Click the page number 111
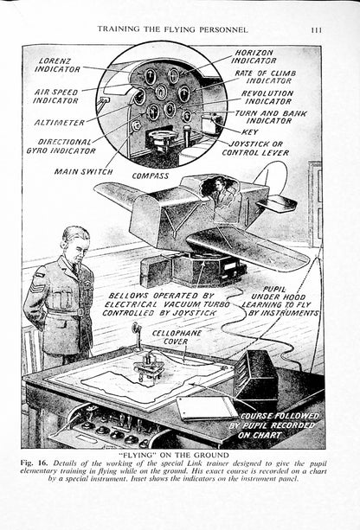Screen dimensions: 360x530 [x=316, y=30]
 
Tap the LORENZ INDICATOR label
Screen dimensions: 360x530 [x=57, y=65]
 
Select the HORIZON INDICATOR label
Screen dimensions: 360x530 [x=254, y=57]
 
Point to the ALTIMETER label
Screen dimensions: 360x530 [x=59, y=123]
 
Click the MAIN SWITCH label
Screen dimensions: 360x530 [x=84, y=172]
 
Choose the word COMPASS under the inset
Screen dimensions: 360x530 [x=151, y=176]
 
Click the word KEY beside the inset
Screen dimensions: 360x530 [x=250, y=131]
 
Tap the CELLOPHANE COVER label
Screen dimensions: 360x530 [x=177, y=337]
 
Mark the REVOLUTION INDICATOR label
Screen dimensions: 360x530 [x=267, y=98]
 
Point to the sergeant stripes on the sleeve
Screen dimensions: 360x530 [x=38, y=288]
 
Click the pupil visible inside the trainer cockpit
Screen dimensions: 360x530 [x=220, y=192]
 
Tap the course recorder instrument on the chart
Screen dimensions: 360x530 [x=149, y=366]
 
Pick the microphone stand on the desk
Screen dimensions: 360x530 [x=138, y=335]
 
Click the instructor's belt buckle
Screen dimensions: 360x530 [x=80, y=311]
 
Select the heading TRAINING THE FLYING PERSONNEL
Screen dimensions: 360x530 [x=172, y=29]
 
